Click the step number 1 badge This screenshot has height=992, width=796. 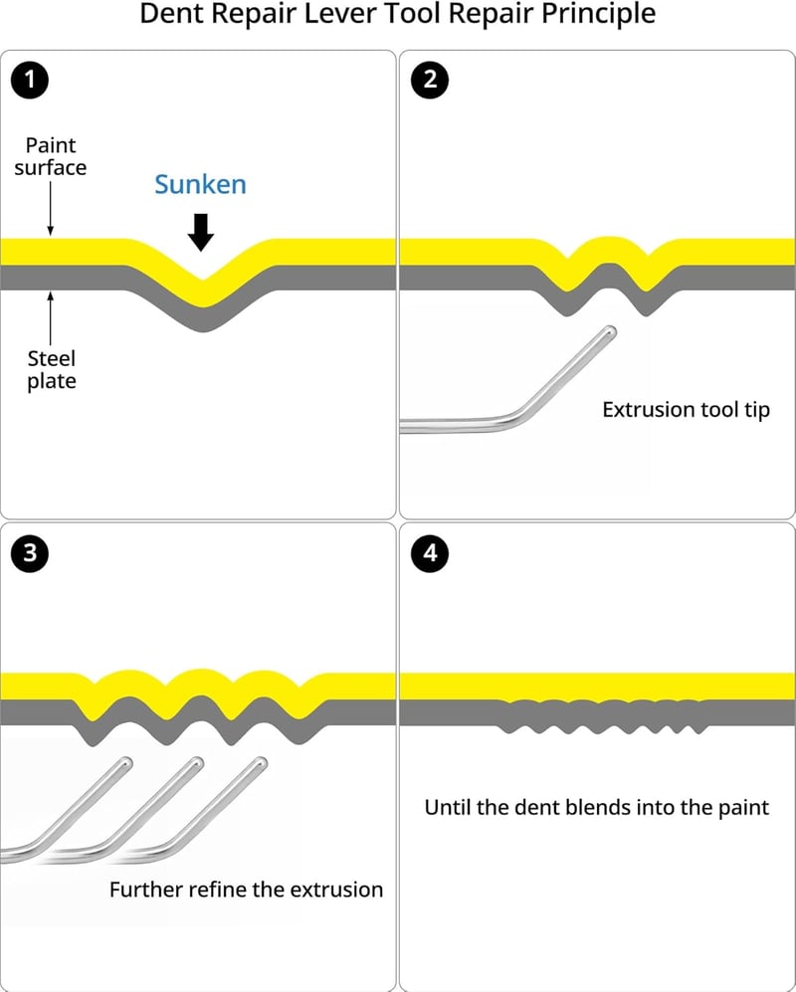pyautogui.click(x=30, y=81)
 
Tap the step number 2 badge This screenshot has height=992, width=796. pyautogui.click(x=430, y=81)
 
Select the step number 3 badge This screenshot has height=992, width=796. pyautogui.click(x=30, y=553)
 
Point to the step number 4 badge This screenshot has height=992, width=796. pyautogui.click(x=430, y=553)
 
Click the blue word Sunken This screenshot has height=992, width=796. pyautogui.click(x=200, y=184)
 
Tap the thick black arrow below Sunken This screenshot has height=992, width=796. pyautogui.click(x=201, y=232)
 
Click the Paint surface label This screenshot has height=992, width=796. pyautogui.click(x=51, y=156)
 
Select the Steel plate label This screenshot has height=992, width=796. pyautogui.click(x=52, y=369)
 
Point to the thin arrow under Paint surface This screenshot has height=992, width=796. pyautogui.click(x=51, y=209)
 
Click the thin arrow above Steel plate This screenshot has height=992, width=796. pyautogui.click(x=51, y=318)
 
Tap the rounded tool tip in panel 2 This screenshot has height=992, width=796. pyautogui.click(x=609, y=332)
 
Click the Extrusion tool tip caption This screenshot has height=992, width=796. pyautogui.click(x=686, y=410)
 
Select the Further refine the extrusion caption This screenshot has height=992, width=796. pyautogui.click(x=246, y=890)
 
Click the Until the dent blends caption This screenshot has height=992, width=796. pyautogui.click(x=597, y=807)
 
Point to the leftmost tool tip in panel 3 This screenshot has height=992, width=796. pyautogui.click(x=125, y=763)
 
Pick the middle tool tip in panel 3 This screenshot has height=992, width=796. pyautogui.click(x=196, y=763)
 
